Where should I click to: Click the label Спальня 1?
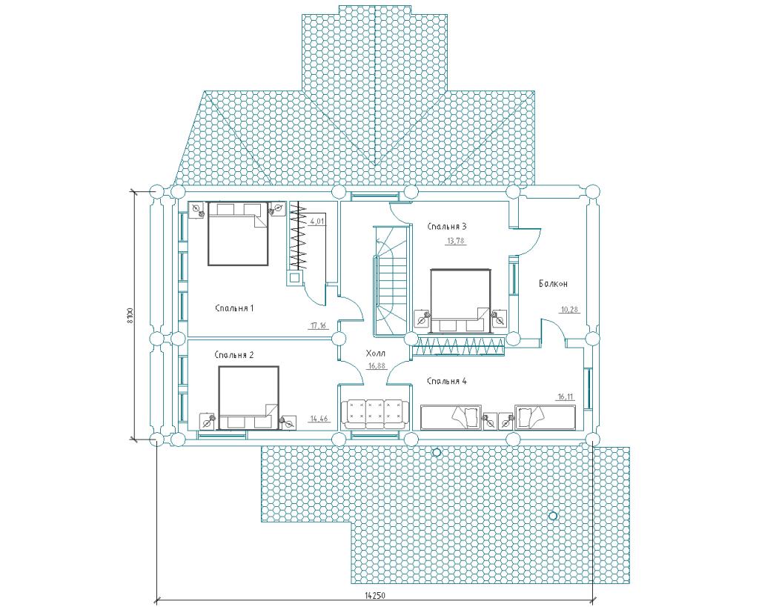coord(234,308)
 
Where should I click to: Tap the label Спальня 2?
coord(234,355)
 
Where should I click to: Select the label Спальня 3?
coord(447,226)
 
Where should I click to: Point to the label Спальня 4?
coord(447,381)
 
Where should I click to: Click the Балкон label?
coord(553,284)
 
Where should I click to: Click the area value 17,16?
coord(318,325)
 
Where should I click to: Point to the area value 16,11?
coord(566,397)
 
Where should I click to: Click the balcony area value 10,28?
coord(569,310)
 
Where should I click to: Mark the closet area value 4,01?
coord(317,222)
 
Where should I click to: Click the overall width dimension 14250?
coord(374,594)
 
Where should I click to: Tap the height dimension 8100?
coord(129,315)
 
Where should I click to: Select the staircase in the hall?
coord(391,281)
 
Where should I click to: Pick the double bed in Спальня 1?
coord(238,233)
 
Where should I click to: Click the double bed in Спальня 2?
coord(248,398)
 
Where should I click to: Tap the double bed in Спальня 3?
coord(461,302)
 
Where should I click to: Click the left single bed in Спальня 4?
coord(451,417)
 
